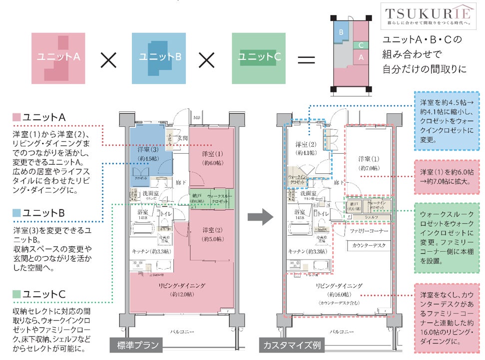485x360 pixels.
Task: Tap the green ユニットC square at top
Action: click(x=259, y=57)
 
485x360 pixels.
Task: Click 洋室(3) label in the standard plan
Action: click(x=148, y=149)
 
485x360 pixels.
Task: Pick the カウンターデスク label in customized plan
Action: click(x=369, y=246)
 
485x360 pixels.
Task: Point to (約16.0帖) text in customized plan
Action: click(x=339, y=295)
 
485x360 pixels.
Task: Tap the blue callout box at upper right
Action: click(x=447, y=120)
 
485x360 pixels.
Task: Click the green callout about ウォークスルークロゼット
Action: click(x=447, y=237)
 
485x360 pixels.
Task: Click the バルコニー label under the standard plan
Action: click(x=182, y=332)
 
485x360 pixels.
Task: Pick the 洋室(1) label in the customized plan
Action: click(x=369, y=159)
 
